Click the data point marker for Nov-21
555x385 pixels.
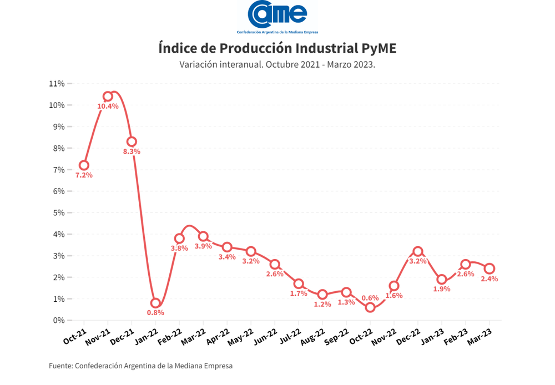pyautogui.click(x=108, y=97)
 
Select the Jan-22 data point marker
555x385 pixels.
pyautogui.click(x=155, y=303)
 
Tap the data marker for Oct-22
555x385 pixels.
pyautogui.click(x=370, y=307)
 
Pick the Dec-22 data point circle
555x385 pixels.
pyautogui.click(x=418, y=251)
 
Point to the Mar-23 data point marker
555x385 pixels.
pyautogui.click(x=490, y=269)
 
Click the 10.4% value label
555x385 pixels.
pyautogui.click(x=108, y=107)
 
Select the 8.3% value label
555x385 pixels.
pyautogui.click(x=132, y=151)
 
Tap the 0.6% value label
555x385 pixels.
pyautogui.click(x=370, y=298)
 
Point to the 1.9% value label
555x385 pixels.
pyautogui.click(x=442, y=289)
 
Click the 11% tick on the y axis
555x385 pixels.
pyautogui.click(x=57, y=84)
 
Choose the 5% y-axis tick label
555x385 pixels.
pyautogui.click(x=59, y=212)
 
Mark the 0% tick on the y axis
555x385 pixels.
pyautogui.click(x=59, y=320)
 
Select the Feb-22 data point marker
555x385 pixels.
pyautogui.click(x=179, y=239)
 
